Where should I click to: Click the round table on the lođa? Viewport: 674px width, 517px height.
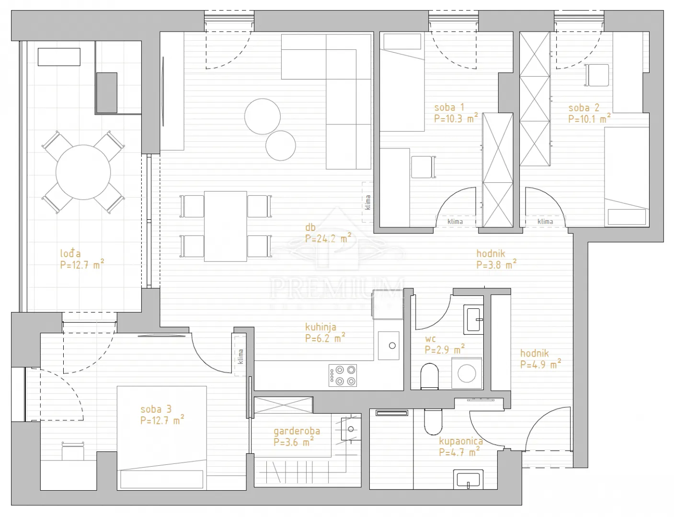(x=83, y=172)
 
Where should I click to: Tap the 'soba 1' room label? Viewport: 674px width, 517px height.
(x=449, y=108)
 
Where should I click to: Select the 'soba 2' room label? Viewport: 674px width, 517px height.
(x=584, y=108)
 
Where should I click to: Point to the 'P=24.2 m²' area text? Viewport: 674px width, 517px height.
(x=328, y=239)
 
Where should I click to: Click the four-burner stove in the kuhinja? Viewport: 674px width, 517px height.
(x=343, y=375)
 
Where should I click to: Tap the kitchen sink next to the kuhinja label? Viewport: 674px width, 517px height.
(x=388, y=345)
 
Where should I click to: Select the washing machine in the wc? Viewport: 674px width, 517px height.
(x=467, y=373)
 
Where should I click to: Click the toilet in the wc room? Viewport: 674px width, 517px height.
(x=430, y=376)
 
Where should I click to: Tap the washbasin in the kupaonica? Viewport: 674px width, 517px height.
(x=468, y=479)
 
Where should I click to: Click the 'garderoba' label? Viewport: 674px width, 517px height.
(x=297, y=431)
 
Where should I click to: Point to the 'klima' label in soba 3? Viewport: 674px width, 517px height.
(x=240, y=357)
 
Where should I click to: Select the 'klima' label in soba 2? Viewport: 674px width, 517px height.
(x=545, y=221)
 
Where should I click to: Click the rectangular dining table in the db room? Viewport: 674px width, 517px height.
(x=226, y=226)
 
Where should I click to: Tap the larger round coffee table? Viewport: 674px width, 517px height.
(x=263, y=116)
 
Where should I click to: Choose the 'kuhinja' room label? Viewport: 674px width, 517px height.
(x=321, y=327)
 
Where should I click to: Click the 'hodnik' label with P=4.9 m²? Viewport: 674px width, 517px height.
(x=535, y=353)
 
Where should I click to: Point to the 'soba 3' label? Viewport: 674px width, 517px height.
(x=156, y=409)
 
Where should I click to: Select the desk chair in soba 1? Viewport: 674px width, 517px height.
(x=423, y=167)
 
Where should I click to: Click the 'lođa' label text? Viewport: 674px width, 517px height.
(x=70, y=253)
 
